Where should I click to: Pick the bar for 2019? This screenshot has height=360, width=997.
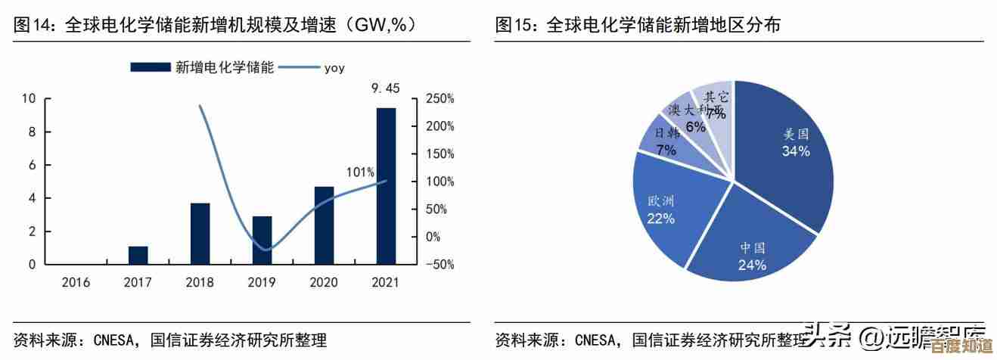(x=262, y=241)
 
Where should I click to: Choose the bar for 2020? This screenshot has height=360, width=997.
(x=324, y=225)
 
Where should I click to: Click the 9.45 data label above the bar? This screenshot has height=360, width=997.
(x=385, y=88)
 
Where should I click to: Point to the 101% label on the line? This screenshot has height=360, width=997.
(x=360, y=172)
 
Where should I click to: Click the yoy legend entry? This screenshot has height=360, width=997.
(x=334, y=67)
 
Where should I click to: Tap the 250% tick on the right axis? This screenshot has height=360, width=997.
(x=439, y=98)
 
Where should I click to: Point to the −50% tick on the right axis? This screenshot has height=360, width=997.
(x=439, y=265)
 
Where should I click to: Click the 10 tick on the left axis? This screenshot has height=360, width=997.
(x=29, y=98)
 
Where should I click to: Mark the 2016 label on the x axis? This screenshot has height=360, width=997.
(x=76, y=283)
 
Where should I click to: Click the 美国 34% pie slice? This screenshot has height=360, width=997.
(x=787, y=151)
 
